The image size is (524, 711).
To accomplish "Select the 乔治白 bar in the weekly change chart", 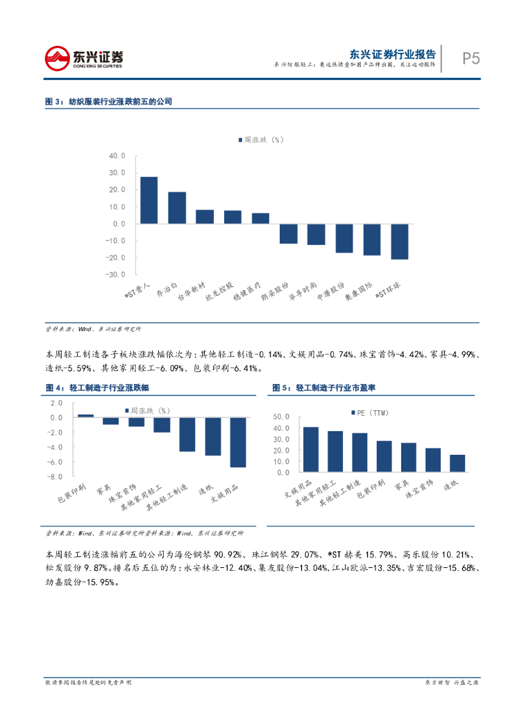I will (x=177, y=208).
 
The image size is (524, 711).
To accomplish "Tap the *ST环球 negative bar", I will (x=399, y=242).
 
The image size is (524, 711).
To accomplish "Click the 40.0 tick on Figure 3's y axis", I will (x=117, y=156).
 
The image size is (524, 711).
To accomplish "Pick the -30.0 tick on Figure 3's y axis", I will (x=115, y=274).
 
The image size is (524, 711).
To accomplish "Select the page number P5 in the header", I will (x=471, y=58).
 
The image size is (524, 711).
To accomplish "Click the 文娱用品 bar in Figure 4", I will (x=238, y=442).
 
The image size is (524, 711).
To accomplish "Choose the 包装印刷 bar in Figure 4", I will (x=85, y=415).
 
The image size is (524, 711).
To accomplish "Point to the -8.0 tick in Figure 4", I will (x=56, y=476).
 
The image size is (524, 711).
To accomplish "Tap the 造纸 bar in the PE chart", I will (x=457, y=463).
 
